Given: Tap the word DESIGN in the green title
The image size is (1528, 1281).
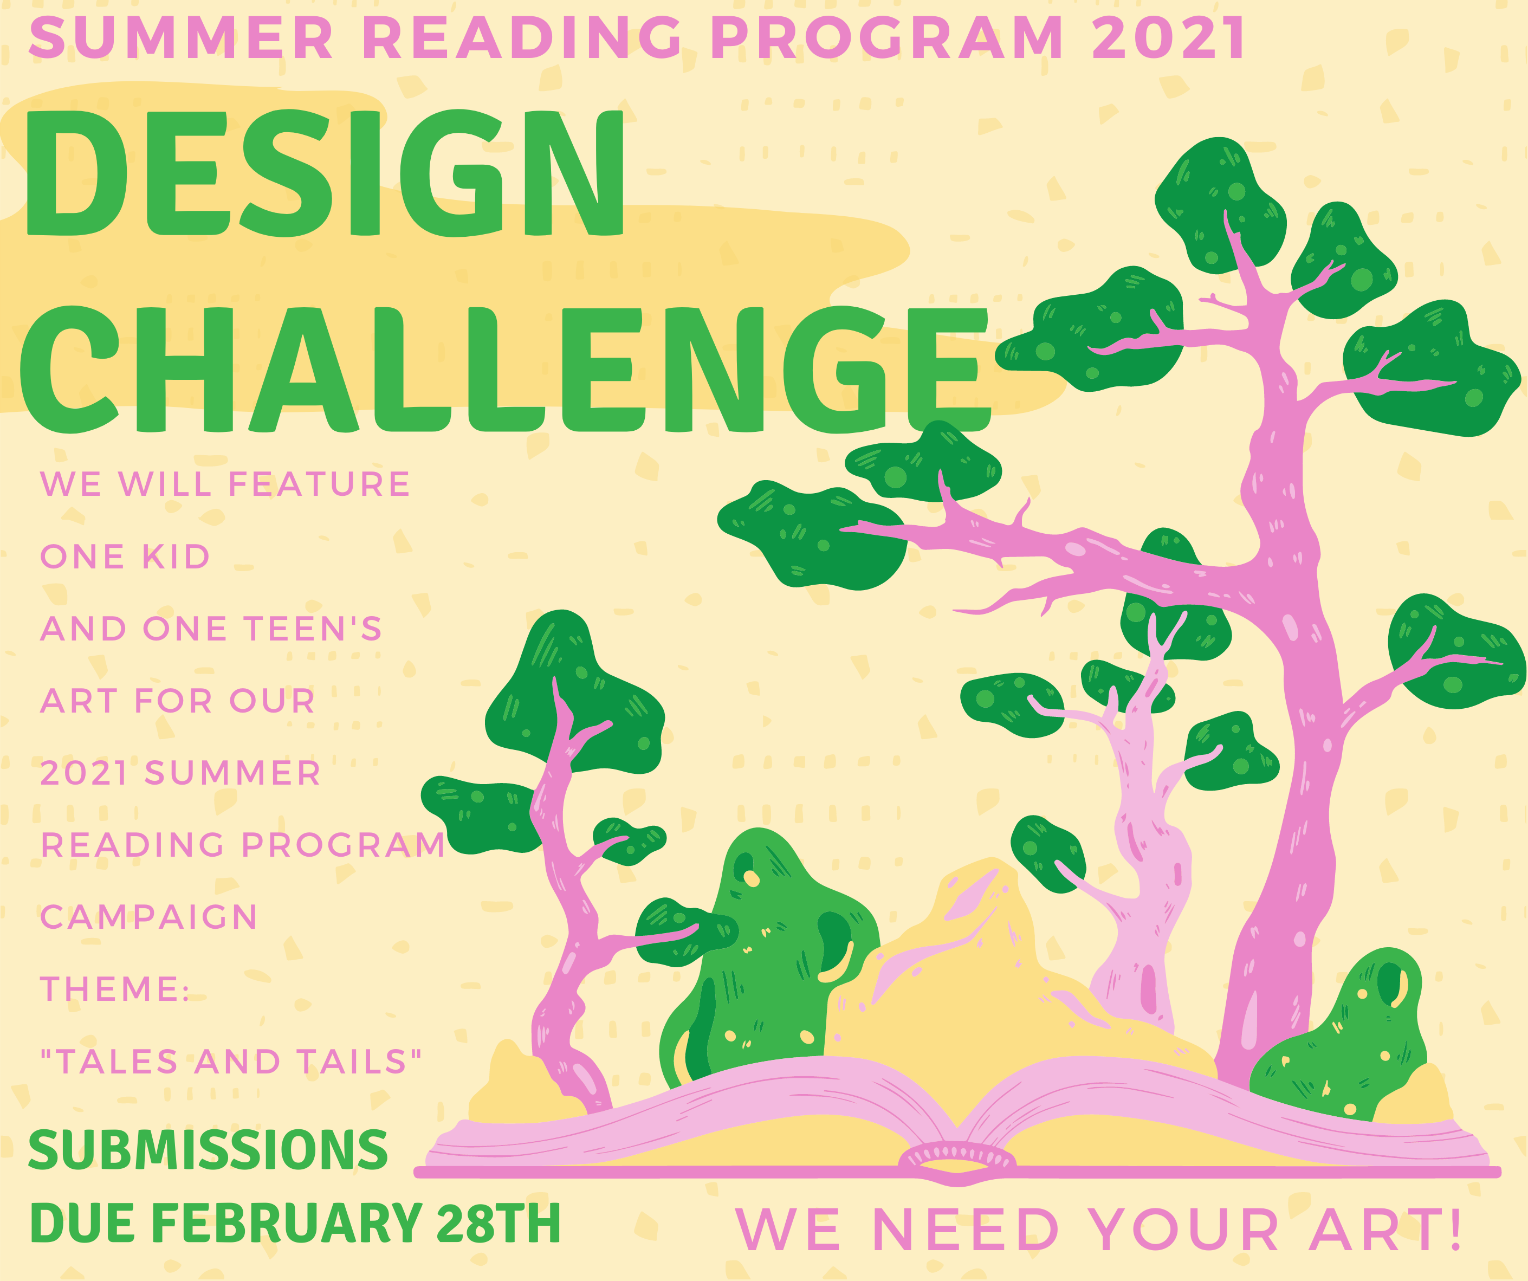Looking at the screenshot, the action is coord(325,173).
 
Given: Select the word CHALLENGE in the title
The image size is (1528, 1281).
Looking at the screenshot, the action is coord(506,369).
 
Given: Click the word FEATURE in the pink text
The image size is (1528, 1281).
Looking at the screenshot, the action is coord(320,484).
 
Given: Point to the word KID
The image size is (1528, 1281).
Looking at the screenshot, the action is coord(176,557).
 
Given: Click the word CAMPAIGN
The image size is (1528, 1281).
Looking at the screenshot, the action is coord(148,917).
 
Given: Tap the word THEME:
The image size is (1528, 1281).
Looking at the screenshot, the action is coord(115,989).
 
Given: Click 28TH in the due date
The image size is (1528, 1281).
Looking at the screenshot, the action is coord(498,1223).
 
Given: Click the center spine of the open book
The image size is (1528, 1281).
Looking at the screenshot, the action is coord(956,1157).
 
